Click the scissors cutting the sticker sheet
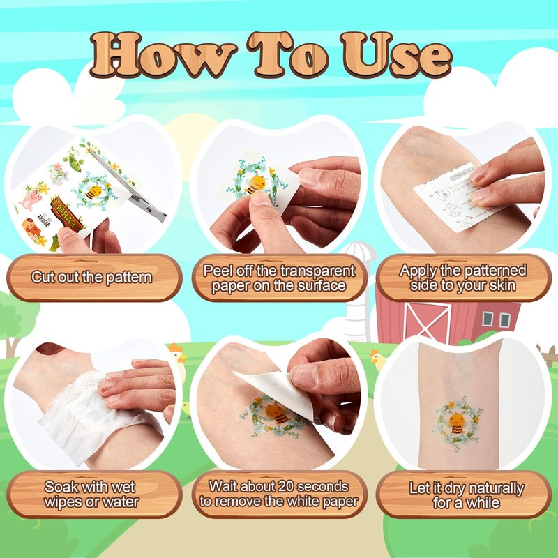[129, 185]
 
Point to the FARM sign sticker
[67, 215]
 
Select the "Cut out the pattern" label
[91, 277]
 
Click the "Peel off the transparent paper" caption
[279, 278]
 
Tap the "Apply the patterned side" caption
[462, 278]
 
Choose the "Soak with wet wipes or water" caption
[91, 495]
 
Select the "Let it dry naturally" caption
[467, 495]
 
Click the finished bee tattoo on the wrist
[458, 423]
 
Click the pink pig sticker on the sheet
[31, 199]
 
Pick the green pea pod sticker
[74, 161]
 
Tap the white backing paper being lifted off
[280, 391]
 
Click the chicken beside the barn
[378, 360]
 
